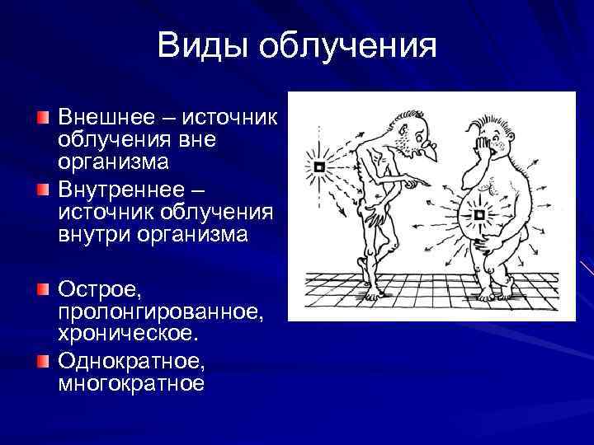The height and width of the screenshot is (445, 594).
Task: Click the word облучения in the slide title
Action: pyautogui.click(x=349, y=46)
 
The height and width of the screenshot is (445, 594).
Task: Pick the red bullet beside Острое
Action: pyautogui.click(x=43, y=290)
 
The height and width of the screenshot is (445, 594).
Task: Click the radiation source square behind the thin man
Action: pyautogui.click(x=320, y=167)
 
